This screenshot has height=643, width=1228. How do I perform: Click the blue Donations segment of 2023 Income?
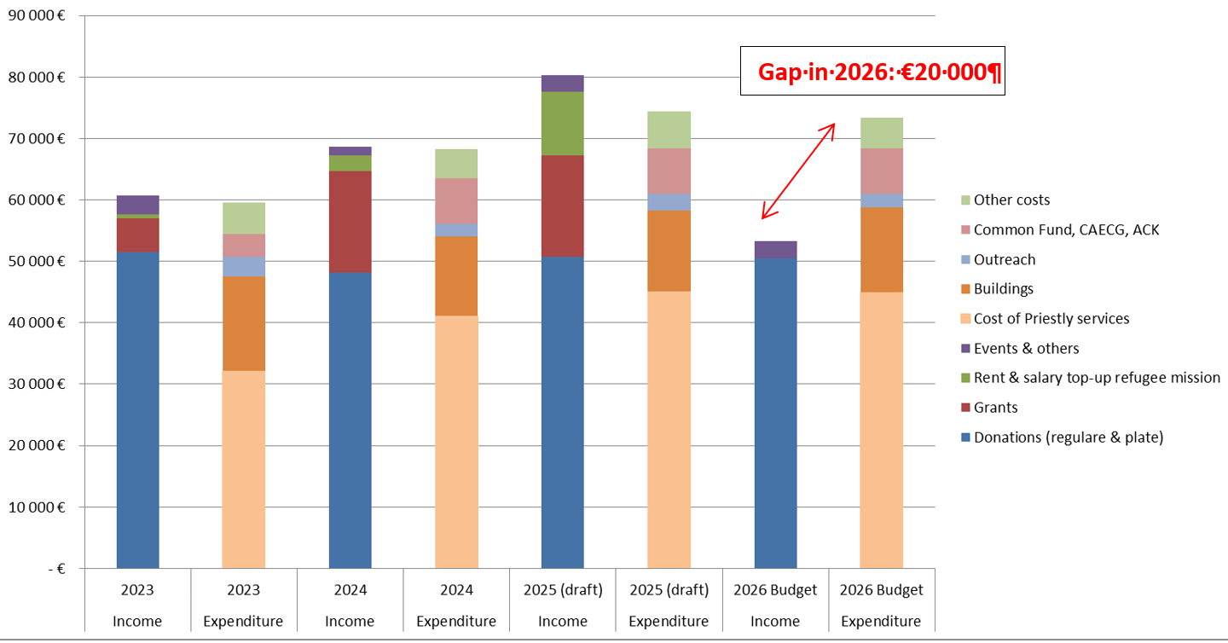click(x=137, y=409)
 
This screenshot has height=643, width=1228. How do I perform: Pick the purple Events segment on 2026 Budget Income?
click(x=775, y=250)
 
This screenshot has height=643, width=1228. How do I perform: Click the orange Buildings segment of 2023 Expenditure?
click(x=243, y=323)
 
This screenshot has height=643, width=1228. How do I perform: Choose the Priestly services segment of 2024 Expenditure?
click(x=456, y=442)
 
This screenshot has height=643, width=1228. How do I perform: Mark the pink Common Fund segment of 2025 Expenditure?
click(x=669, y=171)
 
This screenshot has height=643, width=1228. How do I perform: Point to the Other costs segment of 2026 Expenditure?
click(x=881, y=133)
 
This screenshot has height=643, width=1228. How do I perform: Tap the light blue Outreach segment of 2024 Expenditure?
click(x=456, y=230)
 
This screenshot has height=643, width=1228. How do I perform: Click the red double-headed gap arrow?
click(x=797, y=171)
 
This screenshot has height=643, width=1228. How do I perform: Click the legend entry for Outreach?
click(x=1005, y=259)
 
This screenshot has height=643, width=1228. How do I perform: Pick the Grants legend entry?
click(x=995, y=408)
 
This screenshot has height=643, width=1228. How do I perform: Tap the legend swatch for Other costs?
click(x=964, y=200)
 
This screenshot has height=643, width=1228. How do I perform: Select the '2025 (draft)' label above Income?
click(x=563, y=590)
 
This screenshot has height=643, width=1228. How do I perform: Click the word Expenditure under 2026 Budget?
click(x=881, y=622)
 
